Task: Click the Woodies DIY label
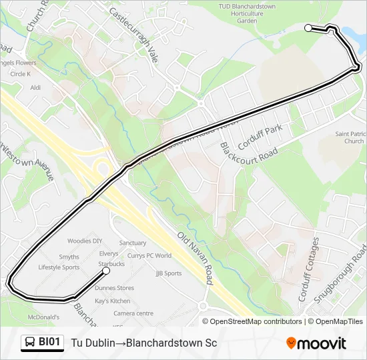(85, 241)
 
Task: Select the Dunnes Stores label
(114, 288)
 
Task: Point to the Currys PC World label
(149, 255)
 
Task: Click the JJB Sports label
(168, 273)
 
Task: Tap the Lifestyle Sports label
(59, 267)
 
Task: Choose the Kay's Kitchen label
(112, 301)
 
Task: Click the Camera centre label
(133, 313)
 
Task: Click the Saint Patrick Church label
(350, 137)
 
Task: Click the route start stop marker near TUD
(308, 28)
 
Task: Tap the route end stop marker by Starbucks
(106, 271)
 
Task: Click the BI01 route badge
(42, 343)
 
